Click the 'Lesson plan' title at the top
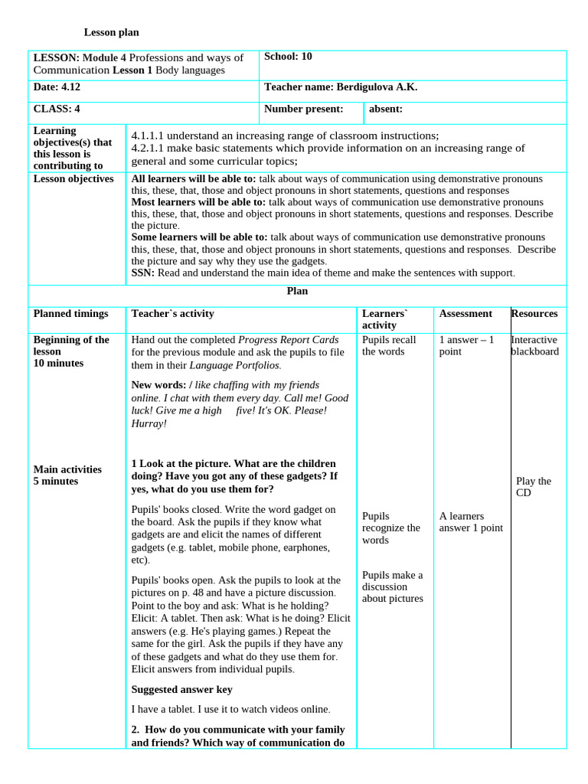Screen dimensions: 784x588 (x=111, y=32)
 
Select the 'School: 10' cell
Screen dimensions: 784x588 (x=288, y=57)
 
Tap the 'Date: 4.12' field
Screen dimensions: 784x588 (x=58, y=88)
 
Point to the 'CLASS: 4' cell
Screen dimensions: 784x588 (x=57, y=109)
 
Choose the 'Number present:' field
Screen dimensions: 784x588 (x=303, y=109)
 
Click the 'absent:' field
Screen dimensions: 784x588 (x=386, y=109)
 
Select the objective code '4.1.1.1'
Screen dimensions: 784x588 (x=150, y=136)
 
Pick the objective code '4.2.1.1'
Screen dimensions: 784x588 (x=150, y=149)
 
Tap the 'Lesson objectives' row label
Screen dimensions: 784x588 (x=73, y=179)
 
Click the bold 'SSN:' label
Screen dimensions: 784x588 (x=143, y=273)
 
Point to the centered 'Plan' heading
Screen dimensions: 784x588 (x=297, y=292)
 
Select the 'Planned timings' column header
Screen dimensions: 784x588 (x=71, y=314)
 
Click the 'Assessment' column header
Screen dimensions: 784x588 (x=465, y=314)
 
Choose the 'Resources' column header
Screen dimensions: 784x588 (x=534, y=314)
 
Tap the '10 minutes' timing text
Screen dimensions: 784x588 (x=58, y=363)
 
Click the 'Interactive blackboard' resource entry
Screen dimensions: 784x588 (x=534, y=346)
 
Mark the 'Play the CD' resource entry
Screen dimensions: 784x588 (x=534, y=487)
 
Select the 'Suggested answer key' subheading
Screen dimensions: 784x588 (x=181, y=690)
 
